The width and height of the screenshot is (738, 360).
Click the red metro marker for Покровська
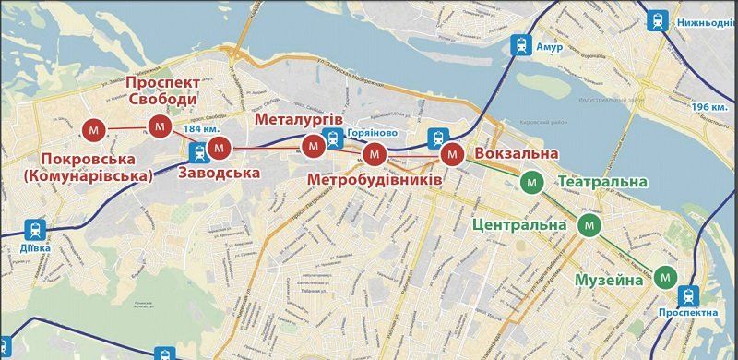pyautogui.click(x=93, y=129)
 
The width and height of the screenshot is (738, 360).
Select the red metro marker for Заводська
pyautogui.click(x=219, y=147)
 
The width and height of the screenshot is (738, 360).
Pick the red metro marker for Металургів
pyautogui.click(x=314, y=145)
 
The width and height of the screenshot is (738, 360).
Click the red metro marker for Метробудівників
pyautogui.click(x=374, y=154)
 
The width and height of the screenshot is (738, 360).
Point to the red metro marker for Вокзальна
pyautogui.click(x=452, y=154)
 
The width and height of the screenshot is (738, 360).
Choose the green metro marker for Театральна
pyautogui.click(x=530, y=183)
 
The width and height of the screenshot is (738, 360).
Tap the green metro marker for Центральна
pyautogui.click(x=589, y=224)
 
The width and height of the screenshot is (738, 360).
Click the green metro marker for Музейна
pyautogui.click(x=665, y=275)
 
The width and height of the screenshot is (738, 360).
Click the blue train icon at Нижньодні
pyautogui.click(x=658, y=18)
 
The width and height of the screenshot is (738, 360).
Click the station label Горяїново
pyautogui.click(x=373, y=133)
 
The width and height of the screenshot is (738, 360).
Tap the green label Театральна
pyautogui.click(x=603, y=183)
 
